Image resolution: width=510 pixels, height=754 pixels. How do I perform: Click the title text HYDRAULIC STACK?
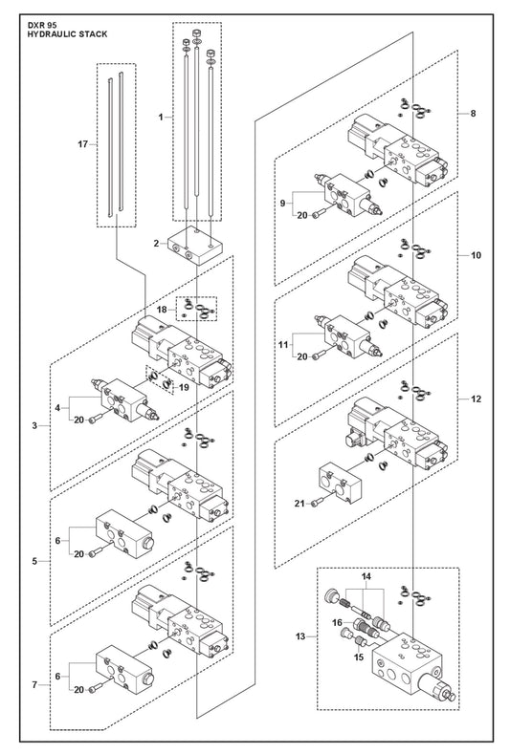67,34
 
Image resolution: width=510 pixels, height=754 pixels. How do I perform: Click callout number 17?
83,143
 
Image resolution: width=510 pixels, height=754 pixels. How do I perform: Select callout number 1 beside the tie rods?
161,117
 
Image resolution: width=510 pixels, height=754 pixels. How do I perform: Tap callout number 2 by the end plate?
156,244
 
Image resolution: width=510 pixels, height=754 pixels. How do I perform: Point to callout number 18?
162,310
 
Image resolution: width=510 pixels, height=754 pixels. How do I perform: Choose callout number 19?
183,388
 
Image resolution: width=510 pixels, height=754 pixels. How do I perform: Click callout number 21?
299,504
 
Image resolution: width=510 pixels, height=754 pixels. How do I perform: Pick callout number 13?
300,636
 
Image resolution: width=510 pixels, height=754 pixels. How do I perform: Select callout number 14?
366,576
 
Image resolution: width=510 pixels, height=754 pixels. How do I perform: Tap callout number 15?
359,657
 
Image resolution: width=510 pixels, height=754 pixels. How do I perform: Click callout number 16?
337,623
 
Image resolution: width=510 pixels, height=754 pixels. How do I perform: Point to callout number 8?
473,114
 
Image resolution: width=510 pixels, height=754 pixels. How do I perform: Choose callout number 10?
476,255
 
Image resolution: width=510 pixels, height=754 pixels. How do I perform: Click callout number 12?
476,399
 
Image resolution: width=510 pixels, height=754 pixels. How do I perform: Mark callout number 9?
282,203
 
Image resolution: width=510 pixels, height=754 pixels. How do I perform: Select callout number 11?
283,345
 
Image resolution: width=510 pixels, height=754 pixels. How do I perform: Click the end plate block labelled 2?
196,247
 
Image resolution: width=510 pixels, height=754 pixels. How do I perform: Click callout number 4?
57,408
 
